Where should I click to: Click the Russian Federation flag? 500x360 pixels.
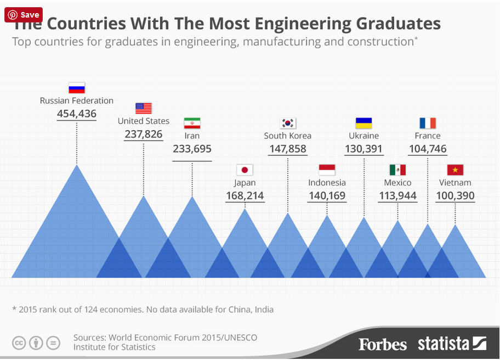coord(77,88)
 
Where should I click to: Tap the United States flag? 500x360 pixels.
coord(143,108)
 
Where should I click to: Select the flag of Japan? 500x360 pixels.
coord(245,170)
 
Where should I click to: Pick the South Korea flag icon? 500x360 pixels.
coord(288,123)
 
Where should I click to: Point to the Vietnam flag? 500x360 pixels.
coord(455,170)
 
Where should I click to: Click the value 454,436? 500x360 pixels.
coord(77,114)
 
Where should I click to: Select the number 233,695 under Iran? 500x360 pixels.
coord(192,148)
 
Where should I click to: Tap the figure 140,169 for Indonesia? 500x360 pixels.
coord(327,195)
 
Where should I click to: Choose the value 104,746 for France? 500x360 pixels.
coord(428,148)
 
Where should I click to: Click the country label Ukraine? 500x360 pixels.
coord(363,136)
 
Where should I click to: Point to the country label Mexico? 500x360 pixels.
coord(397,183)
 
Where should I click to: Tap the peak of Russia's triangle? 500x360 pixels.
coord(77,165)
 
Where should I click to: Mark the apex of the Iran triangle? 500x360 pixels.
coord(192,196)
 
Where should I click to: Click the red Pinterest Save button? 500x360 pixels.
coord(24,15)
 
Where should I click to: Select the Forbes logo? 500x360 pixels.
coord(383,344)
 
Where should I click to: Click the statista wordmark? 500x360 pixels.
coord(444,344)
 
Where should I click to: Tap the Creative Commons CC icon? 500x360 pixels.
coord(19,343)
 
